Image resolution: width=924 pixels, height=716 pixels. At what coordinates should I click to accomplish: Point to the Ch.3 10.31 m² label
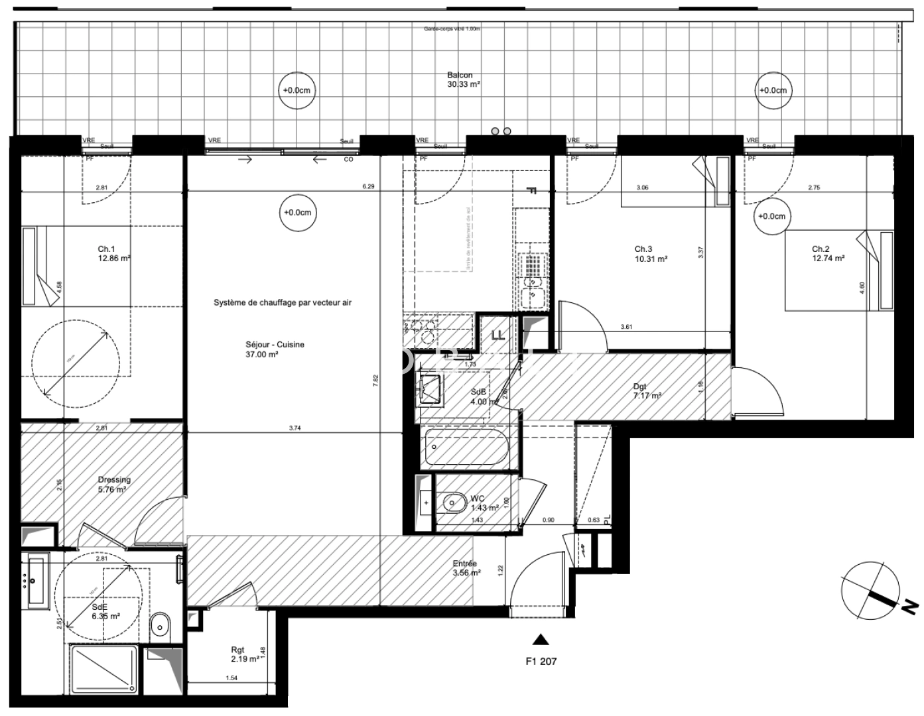(651, 255)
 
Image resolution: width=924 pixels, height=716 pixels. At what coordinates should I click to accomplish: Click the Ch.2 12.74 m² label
(828, 254)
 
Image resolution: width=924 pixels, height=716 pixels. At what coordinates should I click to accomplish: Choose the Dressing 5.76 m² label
(114, 484)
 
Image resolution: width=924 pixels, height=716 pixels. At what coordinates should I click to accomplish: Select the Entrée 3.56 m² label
(466, 568)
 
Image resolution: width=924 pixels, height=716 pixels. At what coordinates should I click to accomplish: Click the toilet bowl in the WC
(453, 504)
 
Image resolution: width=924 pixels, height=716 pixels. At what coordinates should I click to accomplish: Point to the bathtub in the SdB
(467, 449)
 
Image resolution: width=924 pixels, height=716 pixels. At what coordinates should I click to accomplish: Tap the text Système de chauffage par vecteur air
(282, 302)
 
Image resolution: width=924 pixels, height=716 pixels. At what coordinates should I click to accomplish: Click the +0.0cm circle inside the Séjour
(297, 213)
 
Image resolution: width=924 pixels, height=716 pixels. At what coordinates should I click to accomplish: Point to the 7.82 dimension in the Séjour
(375, 379)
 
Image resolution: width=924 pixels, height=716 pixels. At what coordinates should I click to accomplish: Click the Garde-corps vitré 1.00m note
(452, 29)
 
